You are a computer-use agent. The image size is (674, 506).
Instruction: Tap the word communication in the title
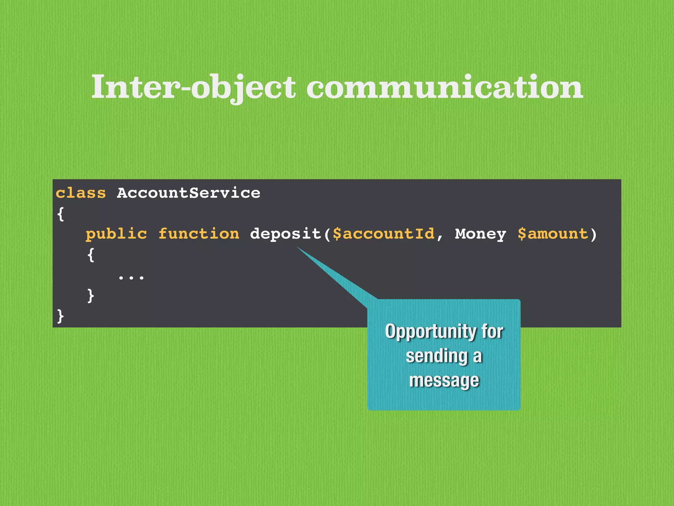point(445,87)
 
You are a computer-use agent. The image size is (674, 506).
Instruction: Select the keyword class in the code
point(81,193)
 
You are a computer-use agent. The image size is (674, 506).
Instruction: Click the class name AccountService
point(189,193)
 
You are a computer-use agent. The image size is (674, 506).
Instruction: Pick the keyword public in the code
point(116,234)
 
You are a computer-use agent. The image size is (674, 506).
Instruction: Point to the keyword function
point(199,234)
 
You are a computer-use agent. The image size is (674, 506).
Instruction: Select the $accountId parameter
point(383,234)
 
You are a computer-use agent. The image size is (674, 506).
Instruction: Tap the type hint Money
point(480,234)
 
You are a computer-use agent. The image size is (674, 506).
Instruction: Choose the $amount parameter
point(553,234)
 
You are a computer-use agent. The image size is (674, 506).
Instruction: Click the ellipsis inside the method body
point(131,278)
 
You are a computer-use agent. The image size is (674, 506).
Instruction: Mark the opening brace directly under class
point(61,214)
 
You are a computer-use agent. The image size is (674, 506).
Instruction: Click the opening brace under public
point(91,255)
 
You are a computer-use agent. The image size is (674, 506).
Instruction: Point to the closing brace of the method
point(91,295)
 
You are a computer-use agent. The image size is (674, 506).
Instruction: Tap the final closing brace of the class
point(61,316)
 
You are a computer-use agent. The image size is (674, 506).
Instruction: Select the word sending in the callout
point(437,356)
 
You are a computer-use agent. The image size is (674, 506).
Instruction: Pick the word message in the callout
point(444,380)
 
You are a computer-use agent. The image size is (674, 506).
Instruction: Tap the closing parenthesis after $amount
point(593,234)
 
